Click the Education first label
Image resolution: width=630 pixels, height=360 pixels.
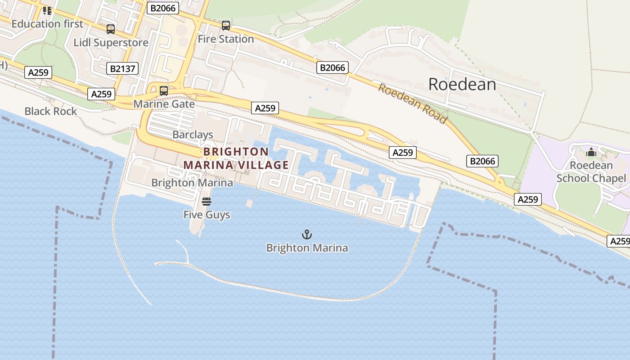[x=47, y=24]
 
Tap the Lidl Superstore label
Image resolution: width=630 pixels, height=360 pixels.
[x=111, y=43]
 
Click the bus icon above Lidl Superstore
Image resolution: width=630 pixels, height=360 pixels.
[x=110, y=29]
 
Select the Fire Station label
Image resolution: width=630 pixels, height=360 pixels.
[x=226, y=39]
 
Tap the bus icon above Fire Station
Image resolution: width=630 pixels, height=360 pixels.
[x=226, y=26]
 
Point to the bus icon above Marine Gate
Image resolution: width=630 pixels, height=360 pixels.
[x=164, y=90]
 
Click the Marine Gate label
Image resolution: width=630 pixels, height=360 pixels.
[x=164, y=104]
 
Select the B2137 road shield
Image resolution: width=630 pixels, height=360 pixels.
[x=122, y=68]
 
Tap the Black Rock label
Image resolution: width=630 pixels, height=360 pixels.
[x=51, y=111]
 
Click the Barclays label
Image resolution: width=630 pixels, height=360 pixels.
[x=193, y=135]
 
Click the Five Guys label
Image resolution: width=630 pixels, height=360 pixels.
[x=207, y=215]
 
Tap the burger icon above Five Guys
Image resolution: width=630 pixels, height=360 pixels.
[x=207, y=202]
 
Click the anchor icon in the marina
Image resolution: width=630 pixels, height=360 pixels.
[x=306, y=234]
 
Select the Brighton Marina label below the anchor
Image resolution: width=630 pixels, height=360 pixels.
[x=307, y=248]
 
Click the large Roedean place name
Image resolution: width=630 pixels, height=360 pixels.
[x=462, y=84]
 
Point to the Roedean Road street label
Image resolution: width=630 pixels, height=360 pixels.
[x=413, y=103]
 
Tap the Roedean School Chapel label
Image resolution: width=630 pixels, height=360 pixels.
[x=591, y=172]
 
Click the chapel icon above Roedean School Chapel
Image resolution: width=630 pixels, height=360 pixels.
[x=591, y=153]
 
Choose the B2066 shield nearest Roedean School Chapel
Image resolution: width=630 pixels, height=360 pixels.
[x=482, y=161]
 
